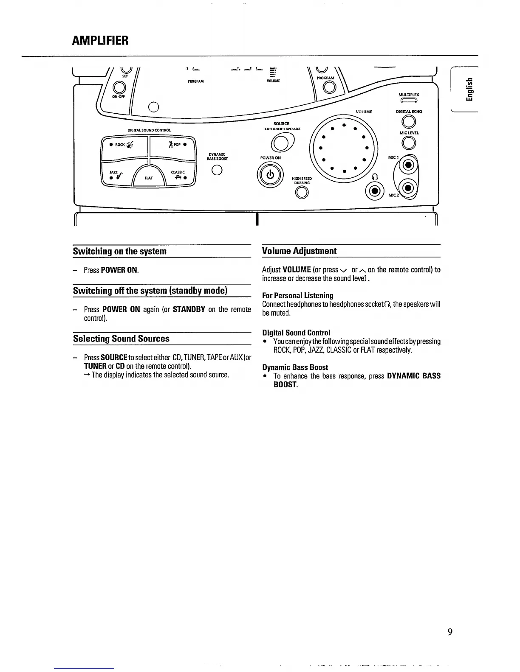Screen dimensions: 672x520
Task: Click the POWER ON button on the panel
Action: (x=270, y=175)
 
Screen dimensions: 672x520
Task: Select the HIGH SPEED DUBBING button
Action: (x=302, y=193)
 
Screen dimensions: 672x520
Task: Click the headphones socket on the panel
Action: (x=374, y=191)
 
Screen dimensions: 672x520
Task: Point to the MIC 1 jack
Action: (x=408, y=165)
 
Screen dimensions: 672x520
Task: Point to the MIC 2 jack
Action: (x=408, y=188)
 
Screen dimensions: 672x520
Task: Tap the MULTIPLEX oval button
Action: (x=408, y=101)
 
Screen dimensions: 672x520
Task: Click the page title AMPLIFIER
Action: (x=100, y=41)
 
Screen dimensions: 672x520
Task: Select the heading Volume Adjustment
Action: (x=299, y=251)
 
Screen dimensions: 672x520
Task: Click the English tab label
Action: (x=468, y=89)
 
